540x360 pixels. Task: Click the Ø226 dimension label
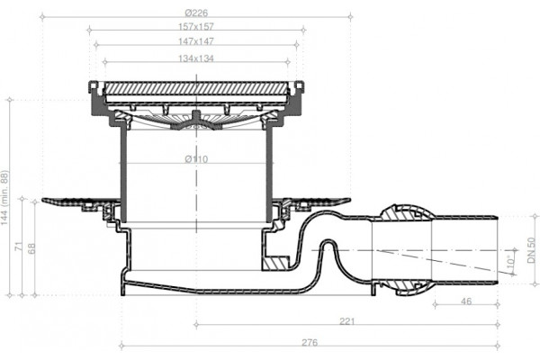click(x=196, y=13)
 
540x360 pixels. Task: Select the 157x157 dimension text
click(x=196, y=26)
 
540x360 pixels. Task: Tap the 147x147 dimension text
click(x=196, y=41)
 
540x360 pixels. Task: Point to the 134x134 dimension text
click(x=196, y=58)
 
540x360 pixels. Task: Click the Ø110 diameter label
click(x=196, y=159)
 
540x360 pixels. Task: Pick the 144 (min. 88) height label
click(x=4, y=197)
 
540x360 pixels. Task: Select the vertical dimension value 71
click(x=19, y=247)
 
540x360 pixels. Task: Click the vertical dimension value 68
click(x=31, y=248)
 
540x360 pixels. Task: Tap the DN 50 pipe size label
click(x=531, y=250)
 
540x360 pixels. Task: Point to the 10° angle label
click(x=512, y=260)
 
